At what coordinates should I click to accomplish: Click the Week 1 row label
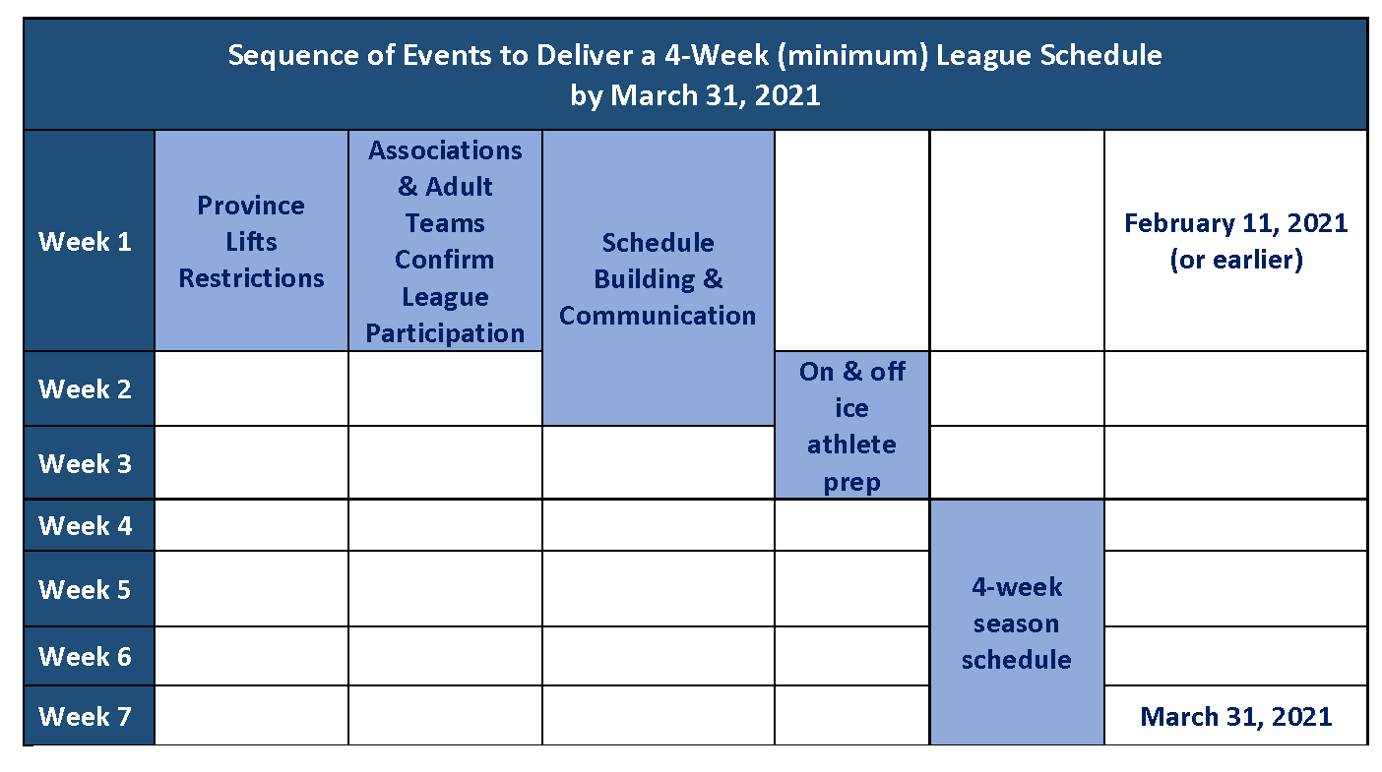(x=85, y=242)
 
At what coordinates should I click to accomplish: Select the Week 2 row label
(x=85, y=389)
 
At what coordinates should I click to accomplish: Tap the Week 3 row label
(x=85, y=464)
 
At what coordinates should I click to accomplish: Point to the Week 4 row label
(x=85, y=526)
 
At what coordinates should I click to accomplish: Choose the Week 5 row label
(x=85, y=589)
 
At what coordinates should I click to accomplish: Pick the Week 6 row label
(x=85, y=657)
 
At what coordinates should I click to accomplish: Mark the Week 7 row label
(x=85, y=717)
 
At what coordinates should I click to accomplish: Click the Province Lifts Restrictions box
(x=252, y=241)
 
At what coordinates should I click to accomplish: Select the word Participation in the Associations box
(x=445, y=333)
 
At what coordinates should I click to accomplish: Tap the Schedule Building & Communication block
(x=659, y=277)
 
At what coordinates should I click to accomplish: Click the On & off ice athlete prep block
(x=852, y=425)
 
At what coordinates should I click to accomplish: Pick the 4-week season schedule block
(x=1017, y=623)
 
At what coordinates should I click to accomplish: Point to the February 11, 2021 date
(x=1235, y=223)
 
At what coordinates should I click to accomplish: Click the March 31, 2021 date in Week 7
(x=1235, y=717)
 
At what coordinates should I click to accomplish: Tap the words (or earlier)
(x=1236, y=260)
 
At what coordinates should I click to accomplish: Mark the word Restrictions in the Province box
(x=252, y=278)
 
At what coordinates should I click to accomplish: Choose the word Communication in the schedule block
(x=658, y=316)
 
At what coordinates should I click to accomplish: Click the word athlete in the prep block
(x=852, y=445)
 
